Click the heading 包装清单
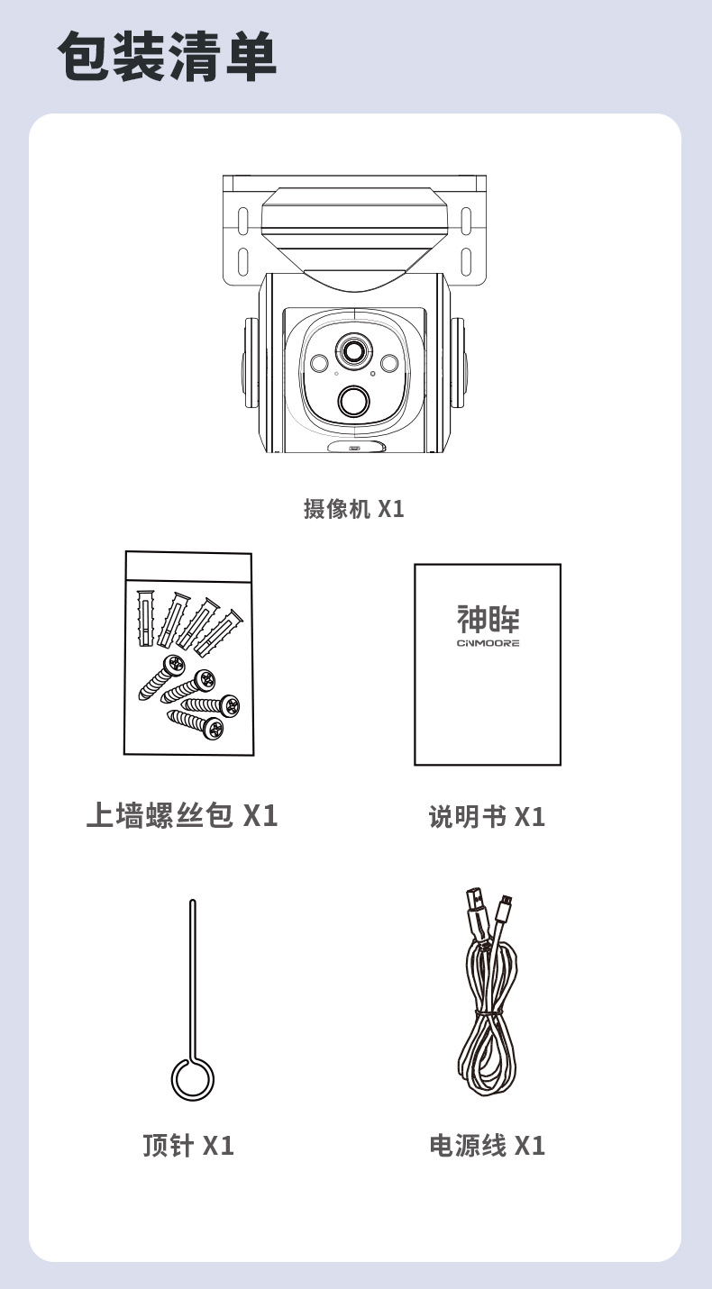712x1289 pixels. pos(168,57)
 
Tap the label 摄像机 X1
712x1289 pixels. pos(354,509)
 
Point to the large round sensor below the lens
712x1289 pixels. pos(354,401)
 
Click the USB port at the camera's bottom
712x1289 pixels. pos(353,447)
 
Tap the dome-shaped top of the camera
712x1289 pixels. pos(354,233)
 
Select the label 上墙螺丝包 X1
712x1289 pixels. pos(182,815)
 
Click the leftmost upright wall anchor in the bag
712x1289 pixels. pos(144,617)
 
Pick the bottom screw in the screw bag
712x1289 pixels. pos(196,724)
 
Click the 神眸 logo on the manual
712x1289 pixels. pos(488,619)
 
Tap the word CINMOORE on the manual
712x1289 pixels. pos(488,643)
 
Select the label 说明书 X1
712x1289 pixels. pos(487,817)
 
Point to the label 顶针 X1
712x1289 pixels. pos(188,1145)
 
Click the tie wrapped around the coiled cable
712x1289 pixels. pos(488,1012)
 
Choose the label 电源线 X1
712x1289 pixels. pos(487,1145)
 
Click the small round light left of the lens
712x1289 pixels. pos(319,362)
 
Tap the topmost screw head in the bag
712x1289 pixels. pos(173,666)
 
